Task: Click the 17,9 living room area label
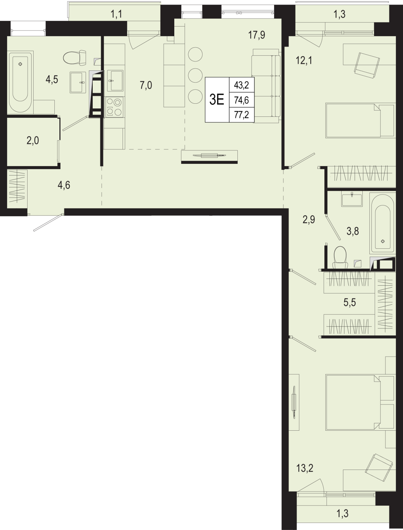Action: point(257,35)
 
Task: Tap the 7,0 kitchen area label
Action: point(146,86)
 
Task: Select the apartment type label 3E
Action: point(217,100)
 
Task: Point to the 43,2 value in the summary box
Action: point(241,85)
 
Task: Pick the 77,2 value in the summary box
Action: point(241,115)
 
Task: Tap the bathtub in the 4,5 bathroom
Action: point(20,81)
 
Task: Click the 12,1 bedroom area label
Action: point(304,61)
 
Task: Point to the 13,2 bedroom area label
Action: point(305,468)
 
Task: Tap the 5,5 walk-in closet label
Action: point(350,302)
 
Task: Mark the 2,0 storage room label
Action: point(33,141)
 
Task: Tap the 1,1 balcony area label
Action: point(116,14)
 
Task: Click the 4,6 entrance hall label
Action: point(64,185)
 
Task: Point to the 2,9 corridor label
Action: point(309,220)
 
